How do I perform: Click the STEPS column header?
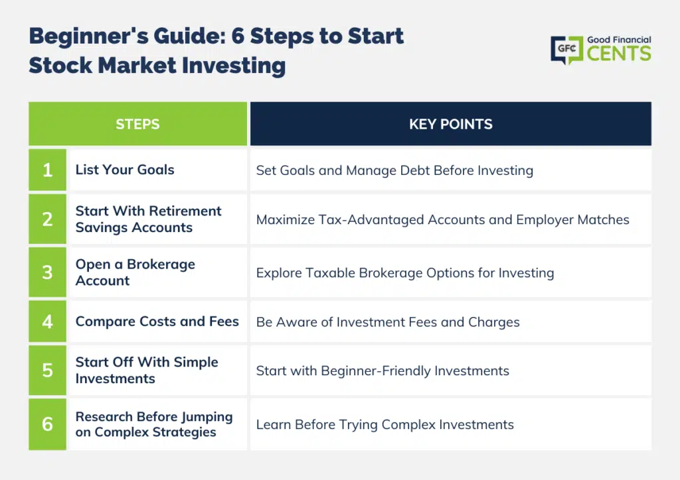[x=138, y=124]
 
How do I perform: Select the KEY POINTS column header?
[x=451, y=124]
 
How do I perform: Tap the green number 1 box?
[x=48, y=170]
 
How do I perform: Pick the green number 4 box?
[x=48, y=322]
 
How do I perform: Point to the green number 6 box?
[x=48, y=424]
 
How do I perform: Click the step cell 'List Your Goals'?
[x=125, y=170]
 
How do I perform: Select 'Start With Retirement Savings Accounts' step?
[x=148, y=219]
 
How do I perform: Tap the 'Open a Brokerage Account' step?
[x=135, y=272]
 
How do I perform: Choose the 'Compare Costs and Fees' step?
[x=157, y=322]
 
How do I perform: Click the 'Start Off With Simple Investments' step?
[x=147, y=370]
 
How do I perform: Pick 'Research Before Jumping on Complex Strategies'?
[x=154, y=424]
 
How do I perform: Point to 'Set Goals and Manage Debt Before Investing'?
[x=394, y=170]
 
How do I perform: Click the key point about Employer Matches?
[x=443, y=220]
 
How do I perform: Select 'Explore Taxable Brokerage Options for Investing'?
[x=405, y=273]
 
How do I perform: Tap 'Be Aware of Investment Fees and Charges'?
[x=388, y=322]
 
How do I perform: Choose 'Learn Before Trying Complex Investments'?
[x=385, y=424]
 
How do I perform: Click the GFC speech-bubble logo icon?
[x=567, y=50]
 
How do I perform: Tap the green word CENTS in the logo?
[x=619, y=54]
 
